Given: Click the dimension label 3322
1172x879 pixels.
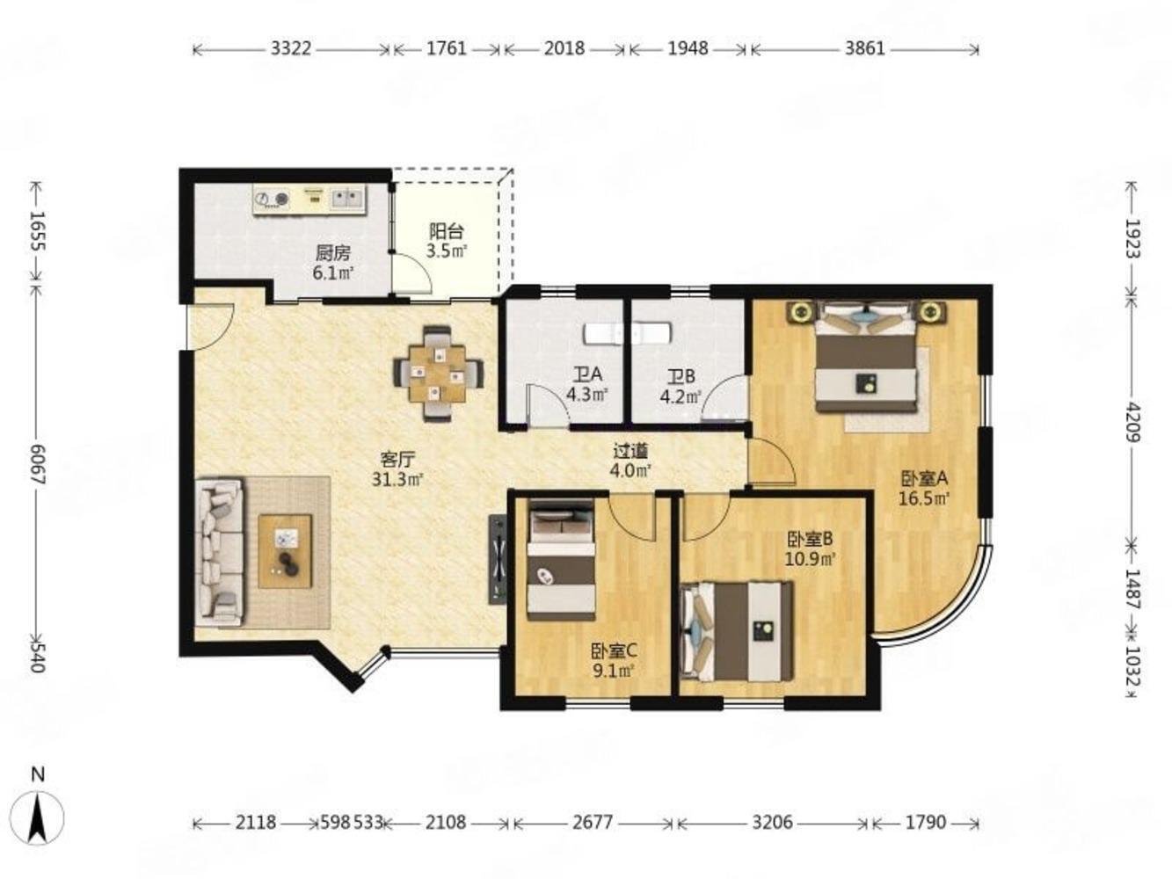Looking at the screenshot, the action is point(290,49).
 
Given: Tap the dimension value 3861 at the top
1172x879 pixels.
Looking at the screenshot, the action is point(864,49).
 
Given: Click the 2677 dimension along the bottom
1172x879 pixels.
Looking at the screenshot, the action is point(593,823).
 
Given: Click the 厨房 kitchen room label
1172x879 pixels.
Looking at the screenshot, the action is point(332,253).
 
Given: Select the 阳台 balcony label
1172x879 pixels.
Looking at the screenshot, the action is point(447,232).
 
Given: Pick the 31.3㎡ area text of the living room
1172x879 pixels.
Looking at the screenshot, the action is point(397,480).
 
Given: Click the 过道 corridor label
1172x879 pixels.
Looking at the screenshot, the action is point(630,452).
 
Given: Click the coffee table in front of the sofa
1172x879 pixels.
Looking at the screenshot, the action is point(285,551).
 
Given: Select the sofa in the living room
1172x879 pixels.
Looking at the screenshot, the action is point(220,551).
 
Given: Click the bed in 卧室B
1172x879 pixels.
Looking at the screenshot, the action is point(737,631).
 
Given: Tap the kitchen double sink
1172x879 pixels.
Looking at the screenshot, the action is point(347,199).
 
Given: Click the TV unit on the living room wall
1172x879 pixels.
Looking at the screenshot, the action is point(497,559).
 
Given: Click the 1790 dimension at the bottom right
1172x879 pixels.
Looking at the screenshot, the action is point(925,823).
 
